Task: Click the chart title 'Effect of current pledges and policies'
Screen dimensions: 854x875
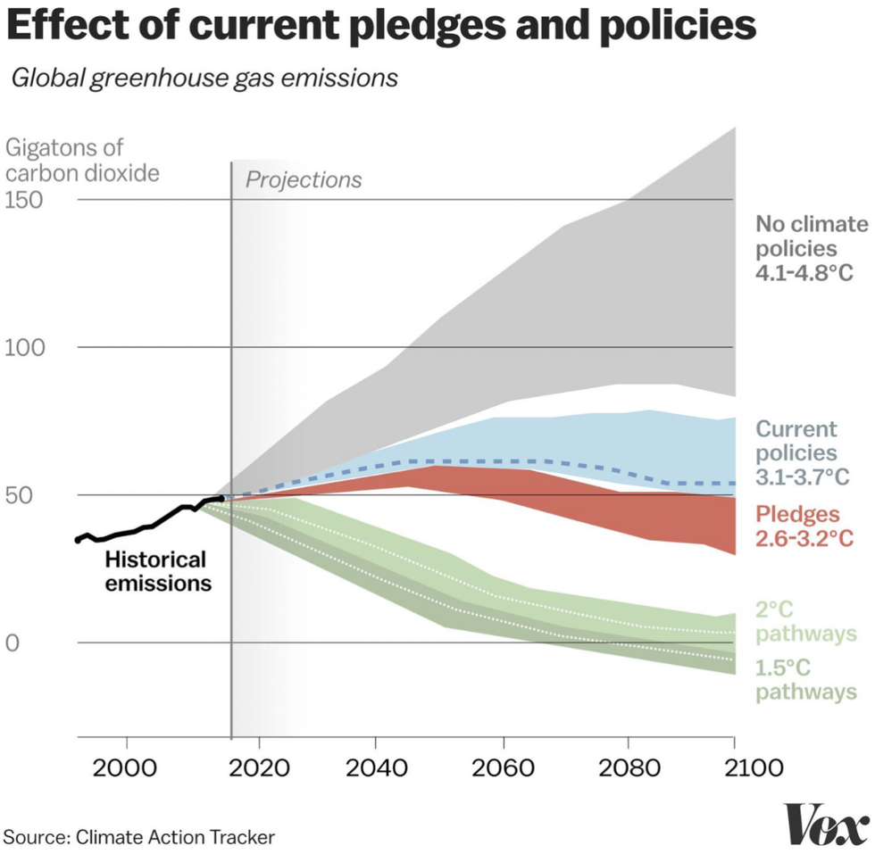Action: coord(381,27)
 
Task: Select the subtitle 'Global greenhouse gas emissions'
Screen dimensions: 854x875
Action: coord(204,78)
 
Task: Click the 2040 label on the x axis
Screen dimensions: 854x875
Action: coord(375,767)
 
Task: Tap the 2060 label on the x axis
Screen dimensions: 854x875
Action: coord(503,767)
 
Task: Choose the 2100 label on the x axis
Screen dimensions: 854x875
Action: coord(733,767)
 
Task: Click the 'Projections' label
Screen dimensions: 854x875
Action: coord(304,179)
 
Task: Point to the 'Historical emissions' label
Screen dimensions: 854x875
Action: coord(156,571)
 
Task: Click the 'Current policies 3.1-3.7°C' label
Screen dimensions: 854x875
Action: coord(798,453)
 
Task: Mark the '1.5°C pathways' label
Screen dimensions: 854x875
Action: coord(805,678)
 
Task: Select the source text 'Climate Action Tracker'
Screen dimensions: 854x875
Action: coord(175,836)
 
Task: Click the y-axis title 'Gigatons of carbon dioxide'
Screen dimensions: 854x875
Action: coord(82,160)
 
